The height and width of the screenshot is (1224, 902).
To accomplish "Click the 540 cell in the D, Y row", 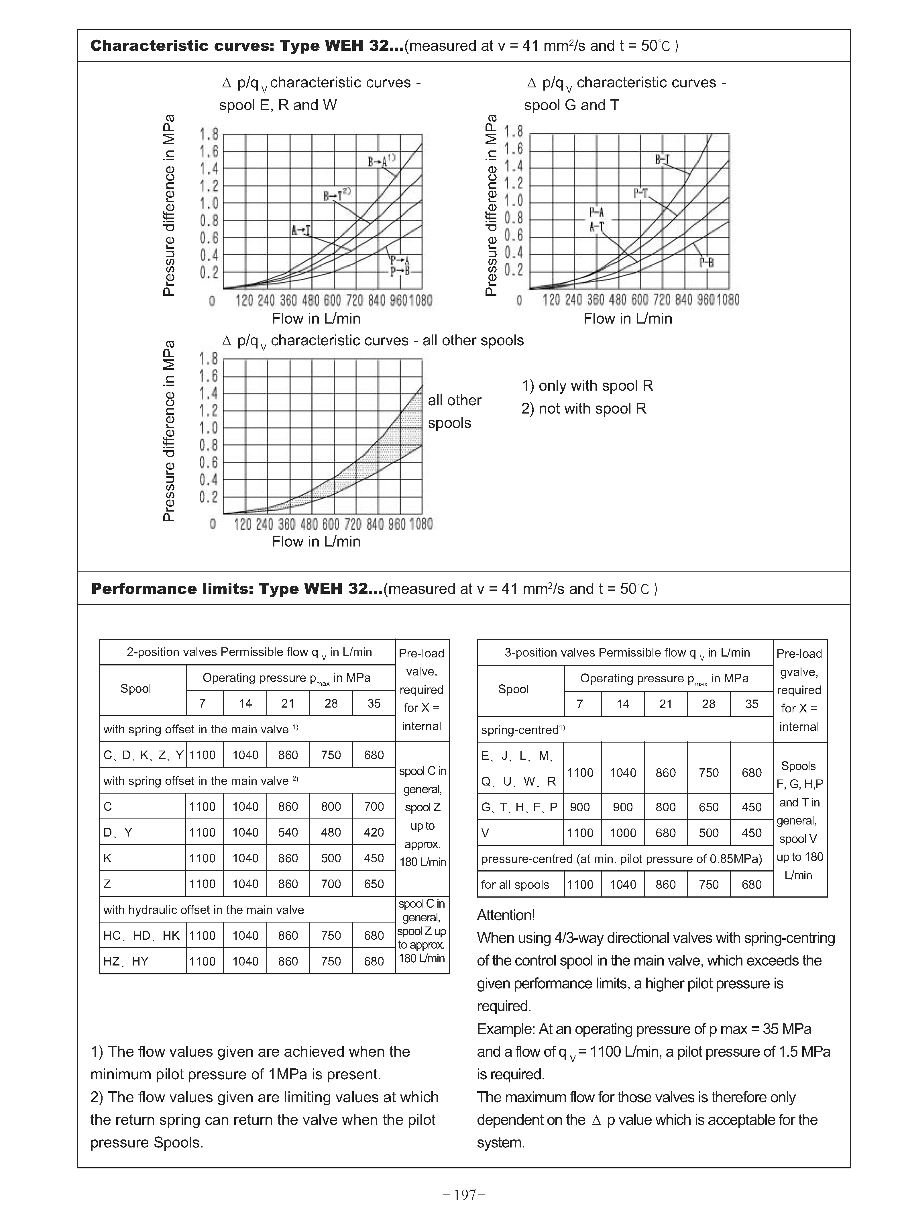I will point(288,833).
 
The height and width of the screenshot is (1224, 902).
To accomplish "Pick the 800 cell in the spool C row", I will point(331,807).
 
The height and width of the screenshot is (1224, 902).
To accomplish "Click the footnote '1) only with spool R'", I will point(587,386).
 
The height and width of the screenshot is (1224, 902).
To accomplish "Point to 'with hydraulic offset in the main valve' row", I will point(204,910).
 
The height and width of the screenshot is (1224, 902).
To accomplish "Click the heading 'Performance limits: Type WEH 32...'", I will point(236,589).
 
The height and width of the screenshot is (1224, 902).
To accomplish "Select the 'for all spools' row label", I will point(515,885).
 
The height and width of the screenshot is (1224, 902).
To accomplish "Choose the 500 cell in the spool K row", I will point(331,858).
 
